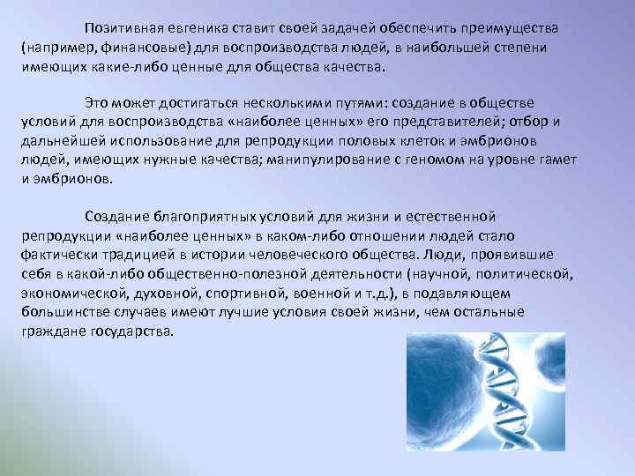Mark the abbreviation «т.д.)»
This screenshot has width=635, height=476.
[385, 294]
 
